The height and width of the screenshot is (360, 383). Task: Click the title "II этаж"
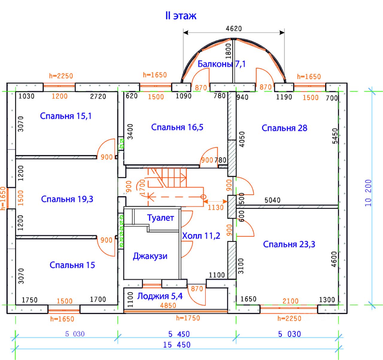[x=181, y=16]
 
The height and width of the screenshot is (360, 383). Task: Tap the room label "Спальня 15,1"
[x=66, y=116]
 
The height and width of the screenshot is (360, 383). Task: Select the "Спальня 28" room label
[x=284, y=128]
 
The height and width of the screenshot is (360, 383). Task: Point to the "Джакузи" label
[x=150, y=256]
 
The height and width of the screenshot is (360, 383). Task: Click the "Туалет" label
[x=161, y=218]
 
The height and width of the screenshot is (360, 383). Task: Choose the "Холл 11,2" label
[x=201, y=236]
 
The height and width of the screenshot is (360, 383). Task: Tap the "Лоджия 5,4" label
[x=160, y=296]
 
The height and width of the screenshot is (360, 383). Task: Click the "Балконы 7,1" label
[x=222, y=64]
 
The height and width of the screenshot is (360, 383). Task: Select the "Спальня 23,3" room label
[x=289, y=244]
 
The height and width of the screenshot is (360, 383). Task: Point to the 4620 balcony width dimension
[x=234, y=28]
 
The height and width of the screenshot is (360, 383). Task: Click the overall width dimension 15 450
[x=177, y=345]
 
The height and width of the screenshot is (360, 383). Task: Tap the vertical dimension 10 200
[x=368, y=193]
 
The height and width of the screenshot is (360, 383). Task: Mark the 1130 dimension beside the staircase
[x=216, y=207]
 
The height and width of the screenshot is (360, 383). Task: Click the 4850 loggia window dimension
[x=168, y=305]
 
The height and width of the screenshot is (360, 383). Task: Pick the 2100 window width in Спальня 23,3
[x=291, y=301]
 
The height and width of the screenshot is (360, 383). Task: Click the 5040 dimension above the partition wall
[x=272, y=200]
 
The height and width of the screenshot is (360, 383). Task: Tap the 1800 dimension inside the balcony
[x=228, y=51]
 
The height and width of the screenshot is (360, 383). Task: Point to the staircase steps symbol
[x=167, y=178]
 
